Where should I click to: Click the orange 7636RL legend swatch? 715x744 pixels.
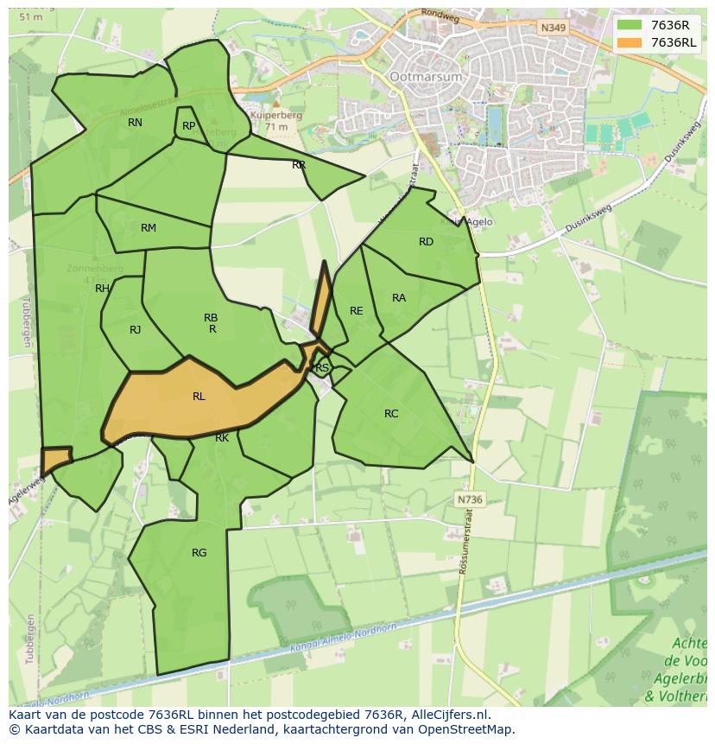pos(630,42)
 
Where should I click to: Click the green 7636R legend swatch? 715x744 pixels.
pos(630,24)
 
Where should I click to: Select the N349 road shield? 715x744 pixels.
pos(552,29)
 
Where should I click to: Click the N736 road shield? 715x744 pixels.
pos(469,499)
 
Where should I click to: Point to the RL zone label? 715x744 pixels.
pos(199,397)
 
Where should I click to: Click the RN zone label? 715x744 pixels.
pos(135,123)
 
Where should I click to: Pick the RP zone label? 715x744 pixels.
pos(188,126)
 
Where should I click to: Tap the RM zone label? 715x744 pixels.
pos(149,228)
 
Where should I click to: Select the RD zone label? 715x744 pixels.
pos(426,242)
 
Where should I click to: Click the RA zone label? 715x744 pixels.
pos(399,298)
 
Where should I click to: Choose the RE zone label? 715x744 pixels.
pos(356,311)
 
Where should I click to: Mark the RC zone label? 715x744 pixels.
pos(391,414)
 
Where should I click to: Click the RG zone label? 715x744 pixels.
pos(199,553)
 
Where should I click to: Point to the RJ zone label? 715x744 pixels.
pos(136,330)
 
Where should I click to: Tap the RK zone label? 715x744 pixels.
pos(222,438)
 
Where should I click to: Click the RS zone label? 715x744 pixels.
pos(322,368)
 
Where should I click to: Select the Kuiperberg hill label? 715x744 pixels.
pos(273,114)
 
